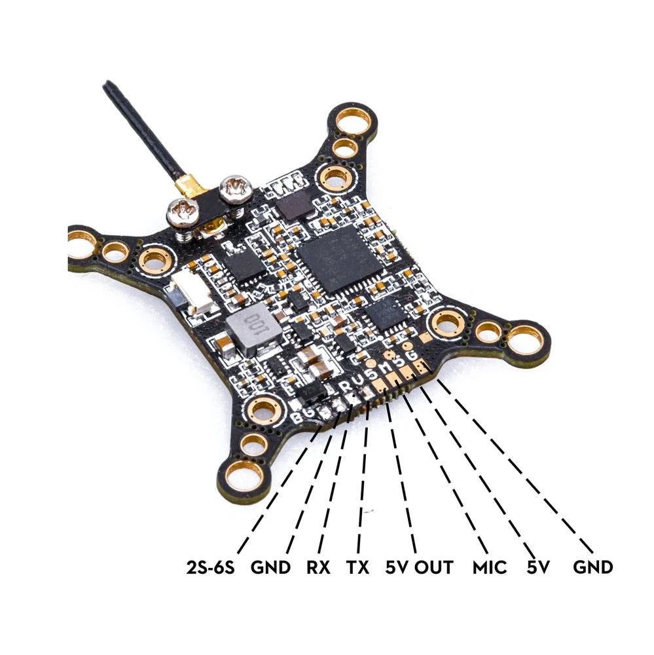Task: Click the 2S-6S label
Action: click(211, 568)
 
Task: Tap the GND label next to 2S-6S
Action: click(270, 568)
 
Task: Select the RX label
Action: click(318, 568)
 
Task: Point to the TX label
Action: click(357, 568)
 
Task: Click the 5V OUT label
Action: click(419, 568)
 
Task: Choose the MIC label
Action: click(490, 568)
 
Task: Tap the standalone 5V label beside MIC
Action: click(538, 568)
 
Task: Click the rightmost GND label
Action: click(592, 568)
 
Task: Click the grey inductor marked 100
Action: click(252, 329)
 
